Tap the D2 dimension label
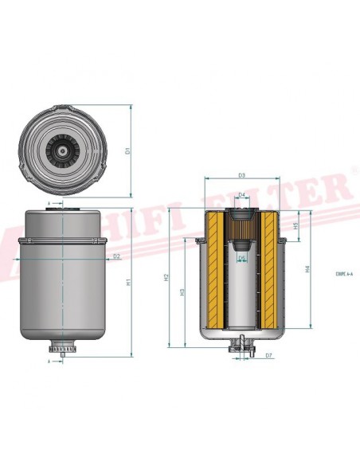tap(117, 256)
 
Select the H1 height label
tap(128, 282)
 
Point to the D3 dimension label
tap(241, 175)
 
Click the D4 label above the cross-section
tap(242, 193)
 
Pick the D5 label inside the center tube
tap(242, 257)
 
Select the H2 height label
tap(166, 278)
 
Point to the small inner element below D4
tap(242, 226)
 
